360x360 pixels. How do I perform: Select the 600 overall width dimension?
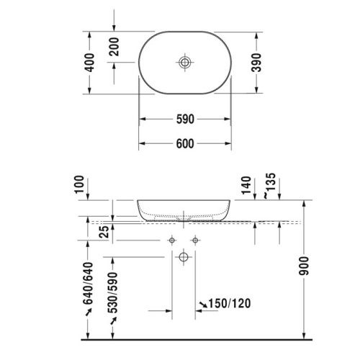coord(185,144)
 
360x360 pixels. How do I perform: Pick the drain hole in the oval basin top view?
coord(185,63)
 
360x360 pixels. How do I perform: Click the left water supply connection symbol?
coord(173,238)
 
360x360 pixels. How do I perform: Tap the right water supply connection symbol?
coord(194,238)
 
